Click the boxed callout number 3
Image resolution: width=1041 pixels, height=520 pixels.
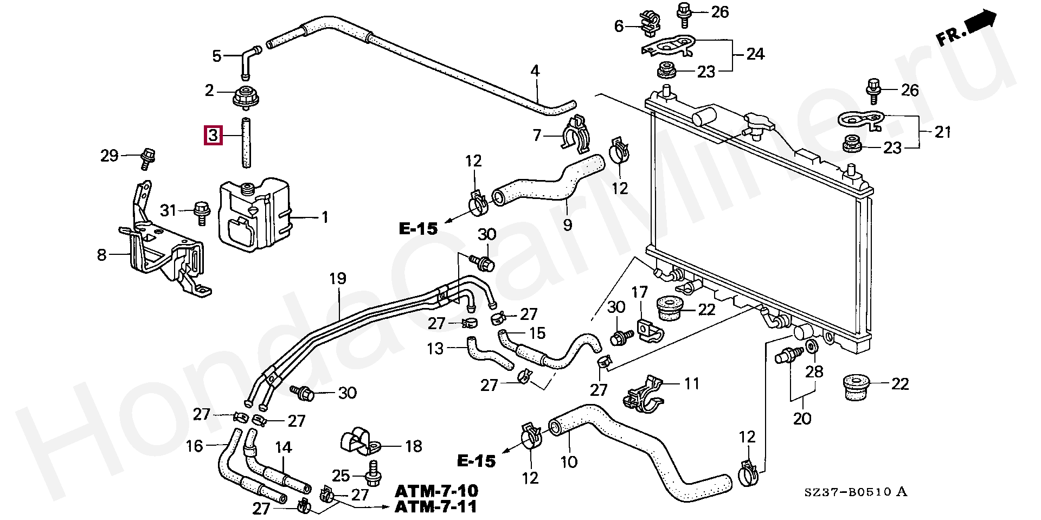[x=213, y=135]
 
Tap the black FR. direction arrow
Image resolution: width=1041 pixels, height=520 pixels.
[x=981, y=23]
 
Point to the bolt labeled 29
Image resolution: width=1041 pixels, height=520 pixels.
[x=147, y=156]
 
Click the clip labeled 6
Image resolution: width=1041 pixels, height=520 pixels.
[x=649, y=24]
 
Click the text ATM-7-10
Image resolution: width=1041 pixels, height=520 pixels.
[x=436, y=491]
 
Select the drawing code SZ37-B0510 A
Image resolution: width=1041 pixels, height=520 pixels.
[x=856, y=492]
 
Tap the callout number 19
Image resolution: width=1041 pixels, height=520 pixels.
[x=337, y=279]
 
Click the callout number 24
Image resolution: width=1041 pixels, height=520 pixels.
[x=755, y=54]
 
